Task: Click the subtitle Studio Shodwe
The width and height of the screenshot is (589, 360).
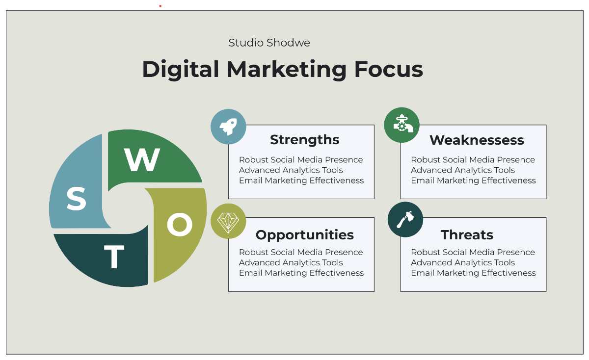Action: point(269,43)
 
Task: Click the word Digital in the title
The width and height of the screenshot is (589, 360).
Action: point(181,69)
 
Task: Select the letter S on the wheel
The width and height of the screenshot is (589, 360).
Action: point(76,199)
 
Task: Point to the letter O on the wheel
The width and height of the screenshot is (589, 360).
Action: point(180,225)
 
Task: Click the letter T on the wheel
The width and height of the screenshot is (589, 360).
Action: point(114,257)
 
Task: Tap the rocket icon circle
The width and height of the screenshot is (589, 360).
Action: point(228,127)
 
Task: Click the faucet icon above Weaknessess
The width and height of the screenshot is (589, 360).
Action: point(402,125)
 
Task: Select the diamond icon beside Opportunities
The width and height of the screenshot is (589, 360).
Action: point(228,221)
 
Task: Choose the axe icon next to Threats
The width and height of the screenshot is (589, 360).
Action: point(405,219)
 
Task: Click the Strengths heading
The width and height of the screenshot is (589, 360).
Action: point(304,140)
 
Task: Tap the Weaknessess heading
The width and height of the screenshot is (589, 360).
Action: point(477,140)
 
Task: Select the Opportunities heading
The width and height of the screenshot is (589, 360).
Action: point(304,235)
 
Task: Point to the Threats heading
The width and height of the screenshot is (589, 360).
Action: point(467,235)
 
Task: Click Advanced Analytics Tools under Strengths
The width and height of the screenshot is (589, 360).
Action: point(291,170)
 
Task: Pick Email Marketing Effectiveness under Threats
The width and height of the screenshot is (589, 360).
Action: point(473,273)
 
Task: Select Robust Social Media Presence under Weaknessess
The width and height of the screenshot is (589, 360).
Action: point(473,160)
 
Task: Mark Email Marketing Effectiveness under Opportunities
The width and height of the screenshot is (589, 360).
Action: point(301,273)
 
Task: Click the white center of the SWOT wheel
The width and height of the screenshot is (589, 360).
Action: point(127,208)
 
